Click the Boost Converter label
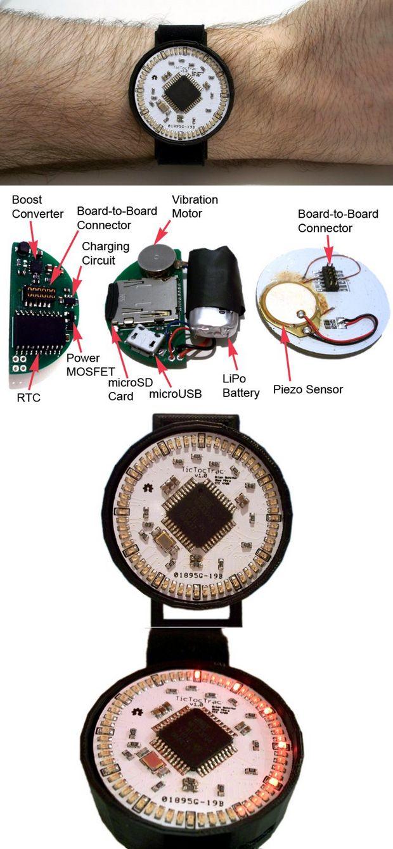(37, 206)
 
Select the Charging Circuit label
(105, 253)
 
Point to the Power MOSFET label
(83, 365)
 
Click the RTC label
(27, 399)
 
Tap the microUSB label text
(176, 394)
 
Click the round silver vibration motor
(155, 258)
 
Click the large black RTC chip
(40, 330)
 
